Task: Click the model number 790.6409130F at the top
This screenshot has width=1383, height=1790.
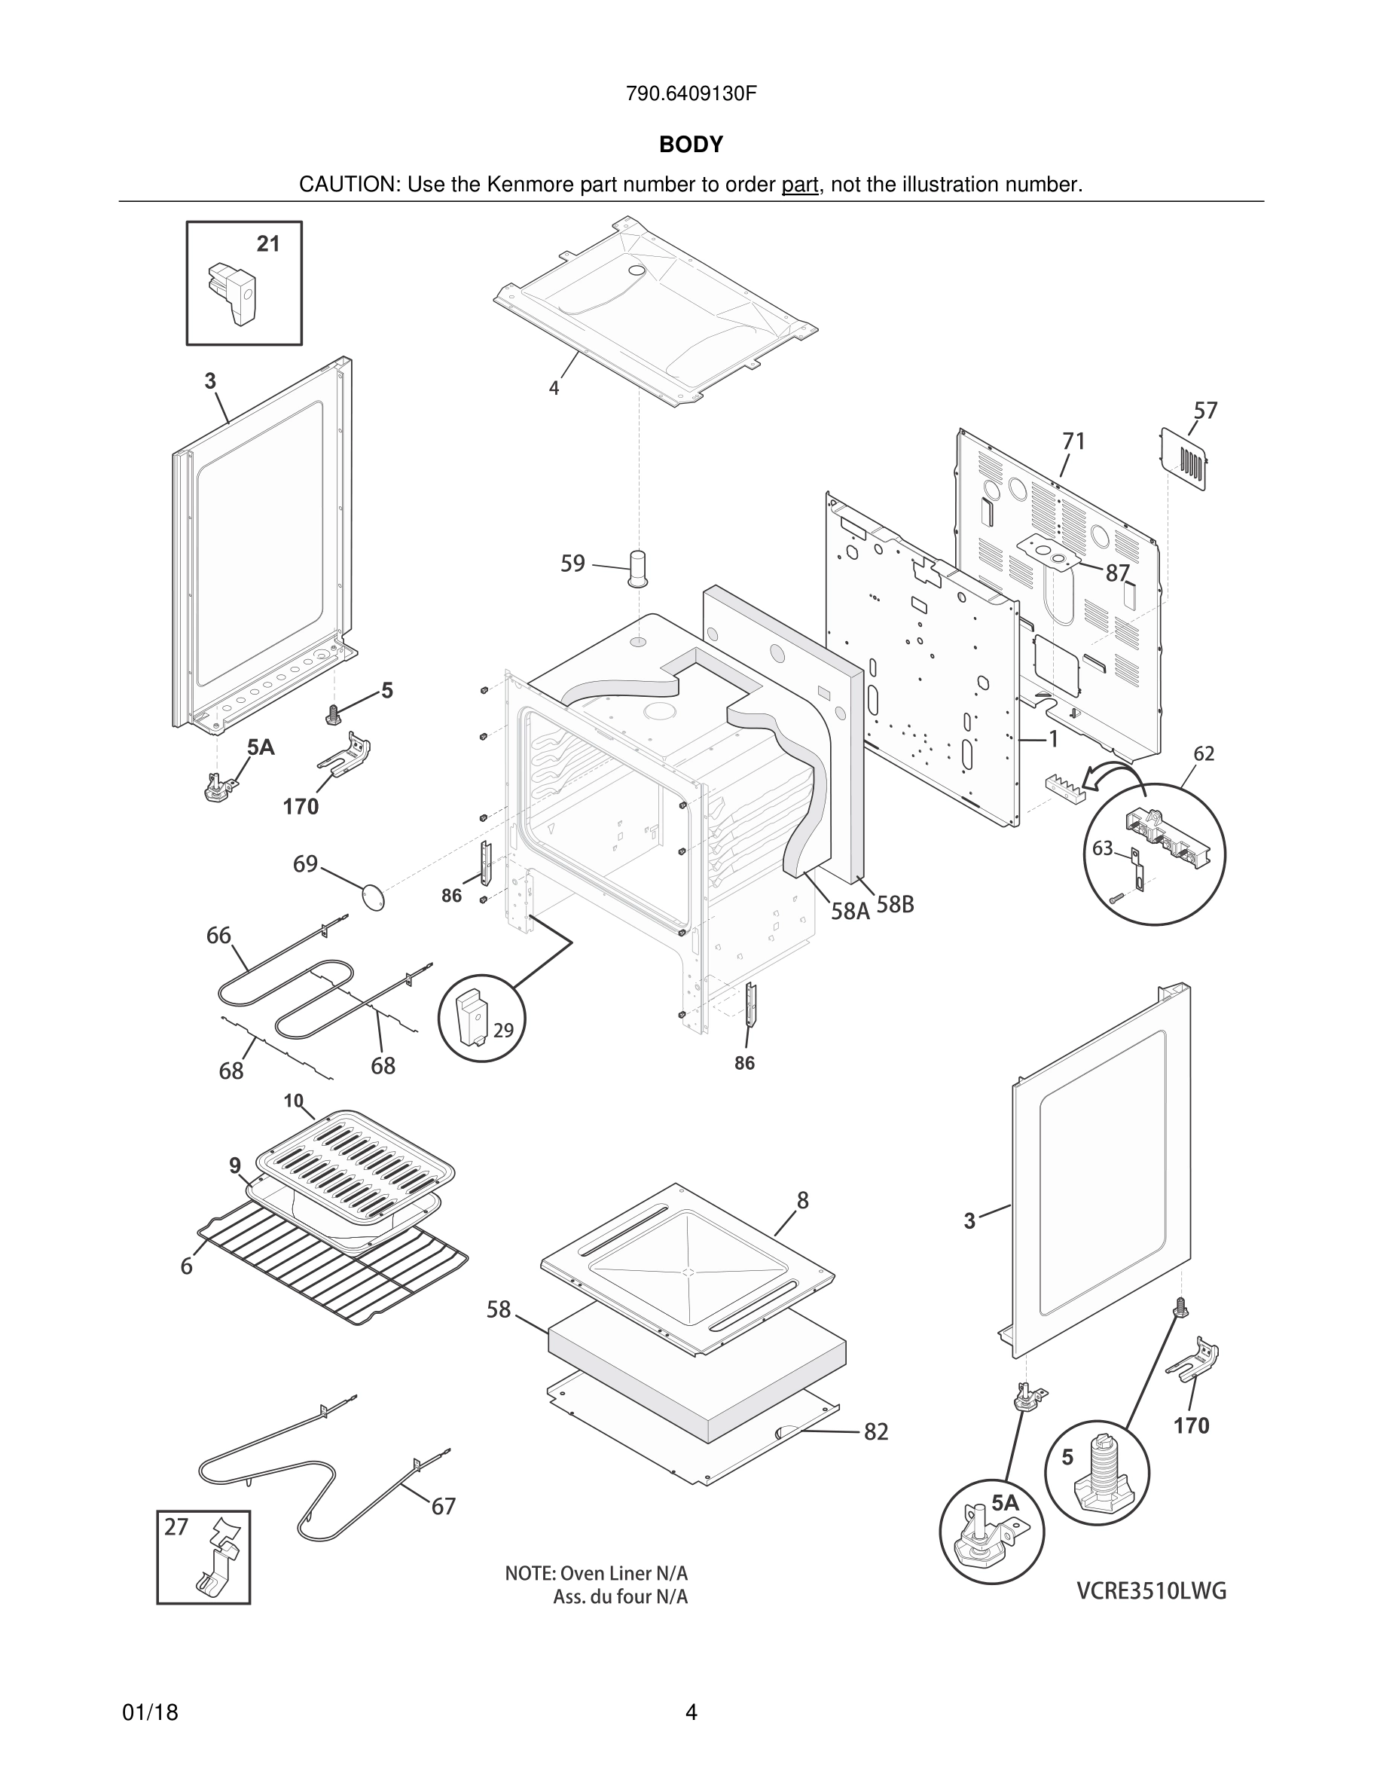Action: click(691, 93)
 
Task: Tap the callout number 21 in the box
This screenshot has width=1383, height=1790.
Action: click(268, 243)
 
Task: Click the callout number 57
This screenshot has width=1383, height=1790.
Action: click(1205, 410)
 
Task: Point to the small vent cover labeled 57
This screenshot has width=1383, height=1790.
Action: click(1184, 459)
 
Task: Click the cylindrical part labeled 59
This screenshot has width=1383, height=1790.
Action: click(638, 568)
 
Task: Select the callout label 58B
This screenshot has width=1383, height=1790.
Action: click(895, 905)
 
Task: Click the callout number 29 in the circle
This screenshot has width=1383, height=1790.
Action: click(503, 1031)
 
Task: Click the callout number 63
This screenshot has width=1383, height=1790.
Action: click(1102, 848)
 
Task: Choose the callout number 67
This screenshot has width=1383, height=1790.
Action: click(443, 1507)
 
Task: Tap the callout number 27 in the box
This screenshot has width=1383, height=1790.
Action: click(176, 1527)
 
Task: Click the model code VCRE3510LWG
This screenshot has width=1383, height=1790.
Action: click(1151, 1592)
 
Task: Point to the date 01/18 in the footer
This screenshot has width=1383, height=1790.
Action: click(150, 1712)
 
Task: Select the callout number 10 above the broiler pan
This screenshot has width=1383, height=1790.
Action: click(294, 1101)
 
